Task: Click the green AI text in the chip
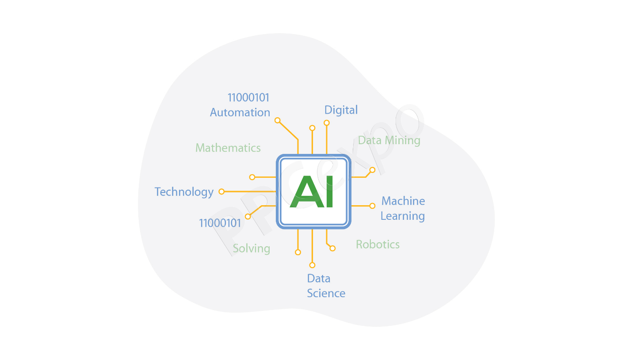[x=312, y=191]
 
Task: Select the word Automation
[x=240, y=112]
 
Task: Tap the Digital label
[x=341, y=110]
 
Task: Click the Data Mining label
[x=389, y=141]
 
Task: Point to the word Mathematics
[x=228, y=148]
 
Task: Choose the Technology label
[x=184, y=192]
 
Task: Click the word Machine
[x=403, y=201]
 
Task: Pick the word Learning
[x=403, y=216]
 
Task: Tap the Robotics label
[x=378, y=245]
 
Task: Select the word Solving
[x=252, y=249]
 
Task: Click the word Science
[x=326, y=293]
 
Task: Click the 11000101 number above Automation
[x=248, y=98]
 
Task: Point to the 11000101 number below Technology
[x=220, y=223]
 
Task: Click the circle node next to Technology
[x=221, y=192]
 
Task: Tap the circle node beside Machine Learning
[x=373, y=206]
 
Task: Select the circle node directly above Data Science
[x=312, y=265]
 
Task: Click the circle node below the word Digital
[x=327, y=123]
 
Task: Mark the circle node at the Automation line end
[x=278, y=120]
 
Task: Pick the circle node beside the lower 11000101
[x=248, y=217]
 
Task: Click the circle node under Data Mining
[x=373, y=170]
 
